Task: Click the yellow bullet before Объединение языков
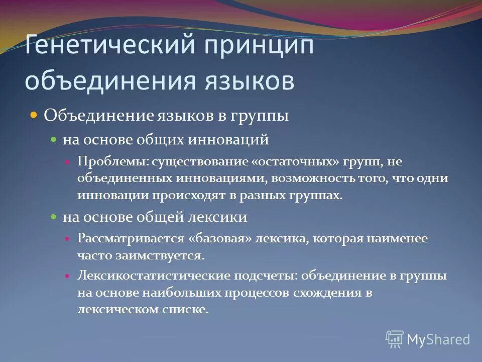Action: (34, 116)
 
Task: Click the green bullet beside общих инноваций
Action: (54, 140)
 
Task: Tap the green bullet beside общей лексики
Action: (54, 218)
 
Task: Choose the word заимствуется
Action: (170, 255)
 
